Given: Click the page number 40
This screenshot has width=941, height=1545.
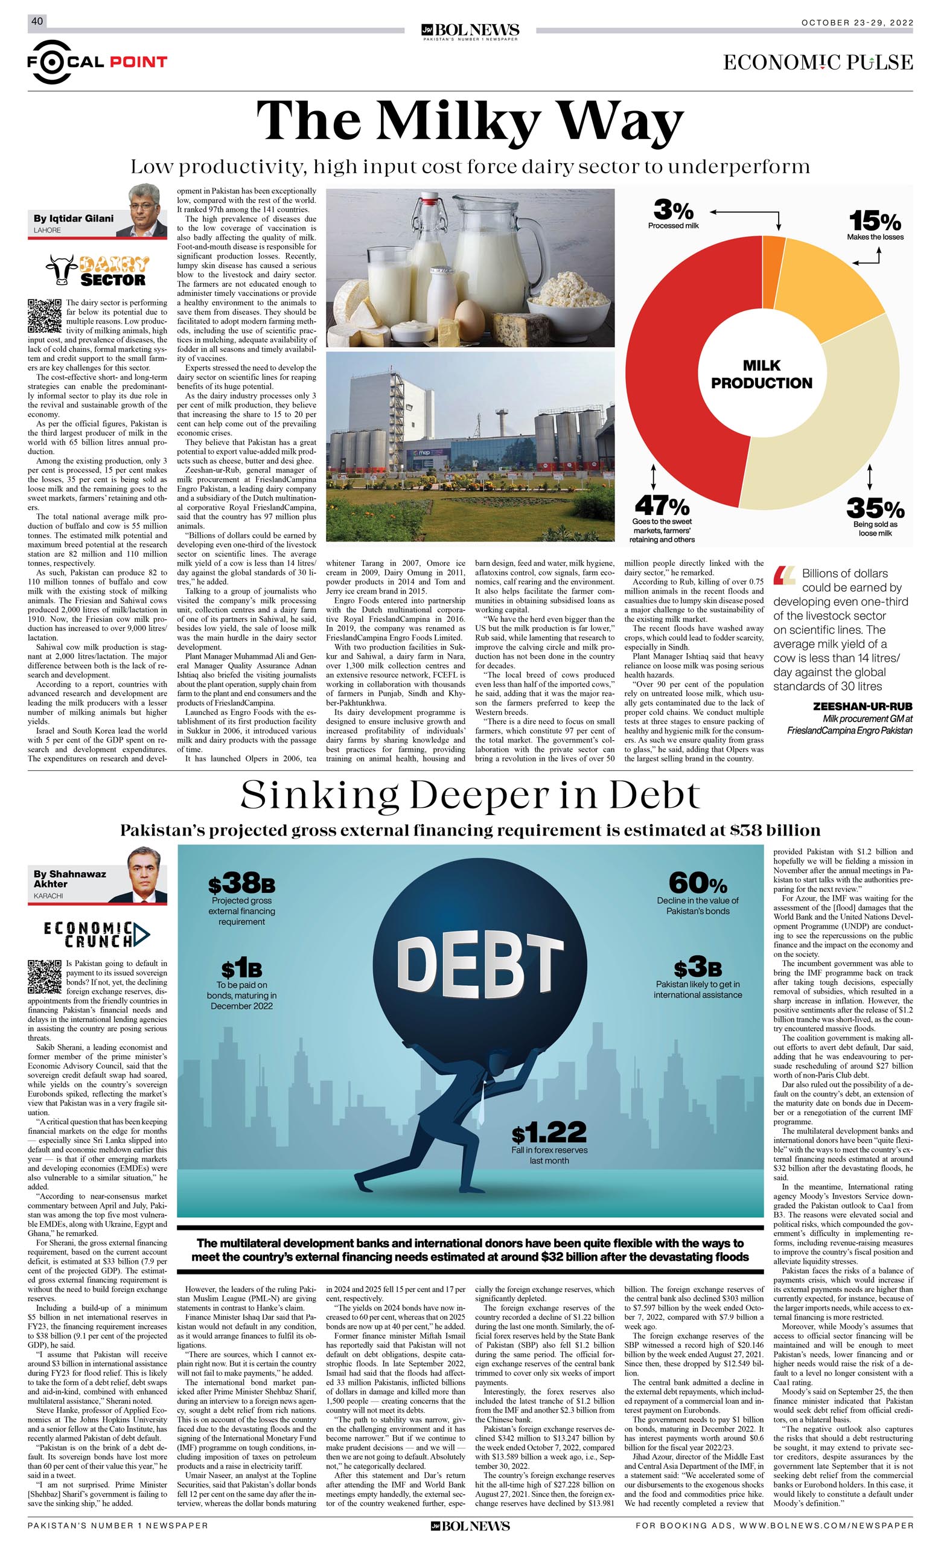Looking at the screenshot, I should point(36,21).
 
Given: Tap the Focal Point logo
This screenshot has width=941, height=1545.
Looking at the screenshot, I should point(97,62).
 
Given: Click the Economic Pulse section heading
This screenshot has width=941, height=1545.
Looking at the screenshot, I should point(817,62).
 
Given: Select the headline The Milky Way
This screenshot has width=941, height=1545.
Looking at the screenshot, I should point(470,121).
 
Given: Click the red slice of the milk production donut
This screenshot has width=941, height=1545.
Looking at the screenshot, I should point(665,376).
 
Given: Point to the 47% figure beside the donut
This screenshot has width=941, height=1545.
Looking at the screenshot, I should point(662,505).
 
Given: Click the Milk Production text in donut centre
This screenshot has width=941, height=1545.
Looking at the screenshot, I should point(761,374).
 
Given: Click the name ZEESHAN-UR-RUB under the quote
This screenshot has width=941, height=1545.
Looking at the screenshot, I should point(862,706).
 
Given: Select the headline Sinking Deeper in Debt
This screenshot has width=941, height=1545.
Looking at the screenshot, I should point(470,795).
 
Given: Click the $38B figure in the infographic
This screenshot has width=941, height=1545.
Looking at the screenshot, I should point(241,884).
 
